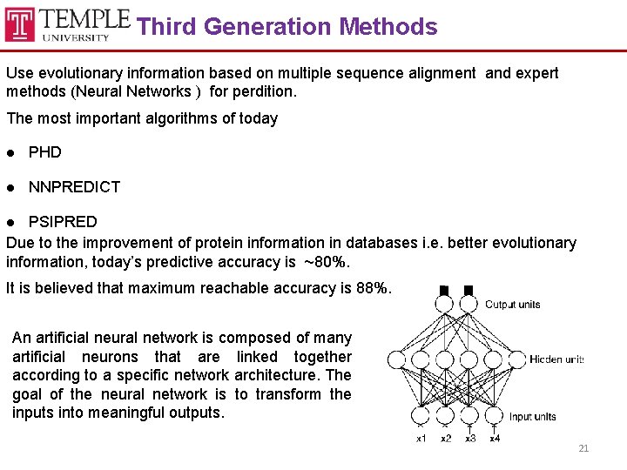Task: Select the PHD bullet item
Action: pyautogui.click(x=45, y=152)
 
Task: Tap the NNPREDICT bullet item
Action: pyautogui.click(x=74, y=186)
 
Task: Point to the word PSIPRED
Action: pyautogui.click(x=63, y=222)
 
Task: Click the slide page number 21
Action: pyautogui.click(x=583, y=448)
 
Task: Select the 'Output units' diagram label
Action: pyautogui.click(x=512, y=305)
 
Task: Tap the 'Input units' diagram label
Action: pyautogui.click(x=532, y=417)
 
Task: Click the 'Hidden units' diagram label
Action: pyautogui.click(x=556, y=359)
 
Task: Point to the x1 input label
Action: pyautogui.click(x=421, y=438)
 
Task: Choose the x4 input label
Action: pyautogui.click(x=495, y=438)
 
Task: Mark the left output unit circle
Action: pyautogui.click(x=444, y=304)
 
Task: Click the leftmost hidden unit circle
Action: pyautogui.click(x=396, y=359)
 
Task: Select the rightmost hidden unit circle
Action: pyautogui.click(x=517, y=359)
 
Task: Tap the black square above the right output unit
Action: pyautogui.click(x=469, y=290)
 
